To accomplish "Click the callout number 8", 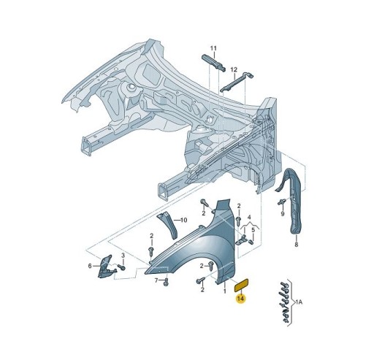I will (296, 246).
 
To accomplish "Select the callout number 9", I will (281, 215).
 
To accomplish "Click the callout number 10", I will (183, 220).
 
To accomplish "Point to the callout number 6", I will (90, 266).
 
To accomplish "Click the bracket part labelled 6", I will (104, 266).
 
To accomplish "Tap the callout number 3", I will (123, 254).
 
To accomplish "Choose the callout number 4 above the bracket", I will (249, 217).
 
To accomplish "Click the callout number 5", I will (253, 230).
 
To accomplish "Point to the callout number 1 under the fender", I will (224, 291).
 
